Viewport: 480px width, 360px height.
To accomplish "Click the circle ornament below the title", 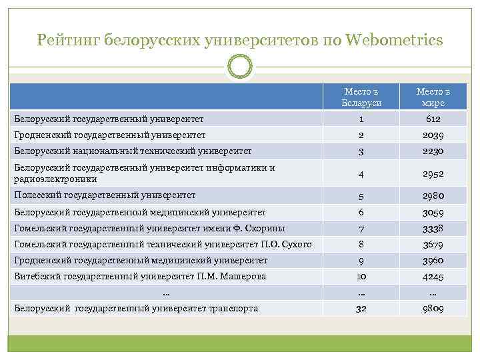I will click(240, 67).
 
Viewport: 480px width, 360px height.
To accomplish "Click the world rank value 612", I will click(433, 119).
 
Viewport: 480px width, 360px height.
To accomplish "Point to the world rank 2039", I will click(433, 135).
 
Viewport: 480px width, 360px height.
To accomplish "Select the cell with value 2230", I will click(433, 151).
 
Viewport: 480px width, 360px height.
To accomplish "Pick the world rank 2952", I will click(433, 173).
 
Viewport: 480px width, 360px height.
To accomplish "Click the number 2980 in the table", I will click(433, 196).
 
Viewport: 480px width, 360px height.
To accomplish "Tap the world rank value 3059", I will click(433, 213).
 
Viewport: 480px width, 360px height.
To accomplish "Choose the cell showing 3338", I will click(433, 229).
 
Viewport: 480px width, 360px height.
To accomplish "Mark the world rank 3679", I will click(433, 245).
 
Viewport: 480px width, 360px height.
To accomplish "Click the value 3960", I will click(433, 261).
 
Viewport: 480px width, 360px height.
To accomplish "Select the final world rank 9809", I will click(433, 309).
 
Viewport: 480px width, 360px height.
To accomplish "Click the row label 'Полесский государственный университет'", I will click(105, 195).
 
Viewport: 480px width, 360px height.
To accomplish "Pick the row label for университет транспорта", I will click(136, 308).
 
